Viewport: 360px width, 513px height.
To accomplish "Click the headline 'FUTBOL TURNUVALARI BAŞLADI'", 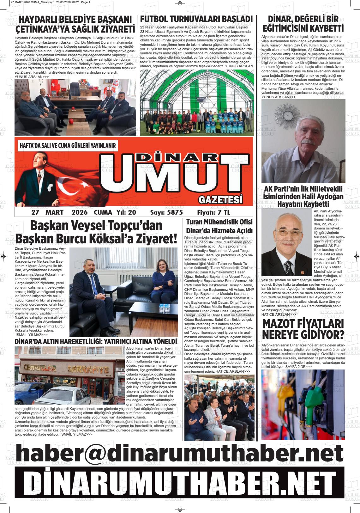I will (196, 19).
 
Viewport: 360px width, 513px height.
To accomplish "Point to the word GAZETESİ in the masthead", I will (221, 200).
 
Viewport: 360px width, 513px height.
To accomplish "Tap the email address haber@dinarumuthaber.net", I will (180, 453).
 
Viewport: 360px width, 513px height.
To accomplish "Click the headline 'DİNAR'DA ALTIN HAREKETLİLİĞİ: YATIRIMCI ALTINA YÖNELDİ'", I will (96, 342).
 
